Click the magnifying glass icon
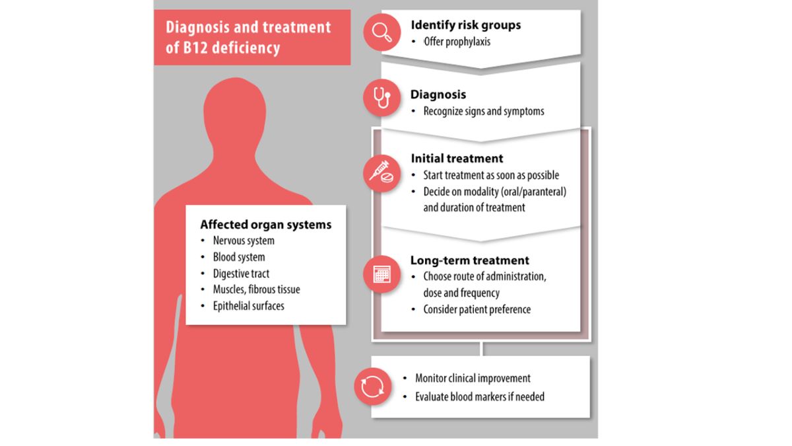[382, 32]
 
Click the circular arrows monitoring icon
[373, 387]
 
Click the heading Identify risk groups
[465, 25]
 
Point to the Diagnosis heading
[438, 94]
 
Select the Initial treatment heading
[457, 159]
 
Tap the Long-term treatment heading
[470, 260]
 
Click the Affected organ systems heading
[266, 225]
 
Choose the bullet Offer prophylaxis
[457, 42]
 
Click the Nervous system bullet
[244, 241]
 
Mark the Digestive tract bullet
[241, 274]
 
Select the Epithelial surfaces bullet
[248, 306]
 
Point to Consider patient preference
[477, 309]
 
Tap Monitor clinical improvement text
[473, 379]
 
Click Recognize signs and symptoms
[484, 111]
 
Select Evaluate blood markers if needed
[480, 397]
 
